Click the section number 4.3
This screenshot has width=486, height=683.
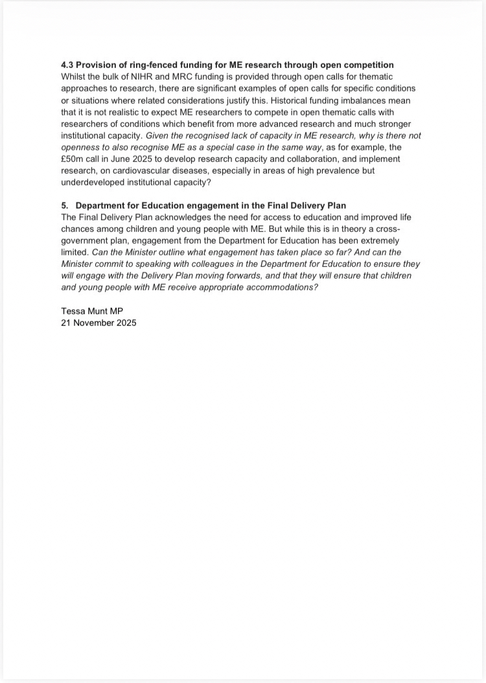pos(67,65)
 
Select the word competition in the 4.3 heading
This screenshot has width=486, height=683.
pos(368,65)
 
